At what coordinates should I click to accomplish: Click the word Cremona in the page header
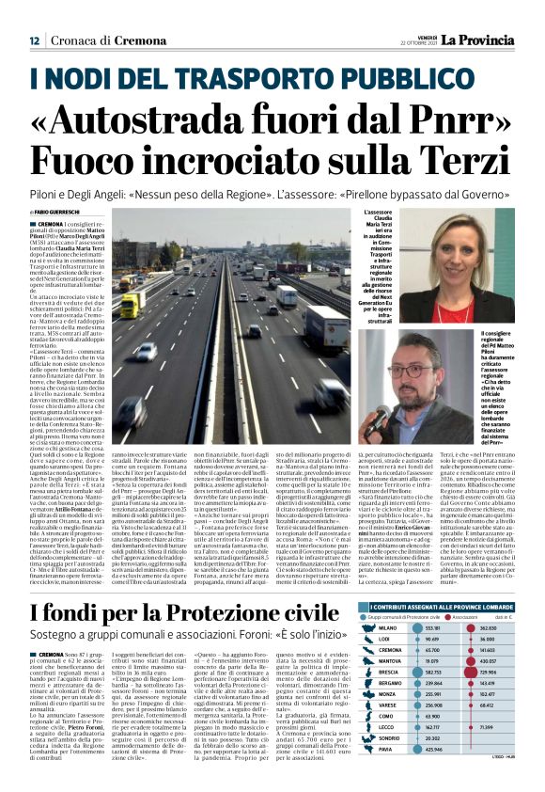(109, 41)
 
